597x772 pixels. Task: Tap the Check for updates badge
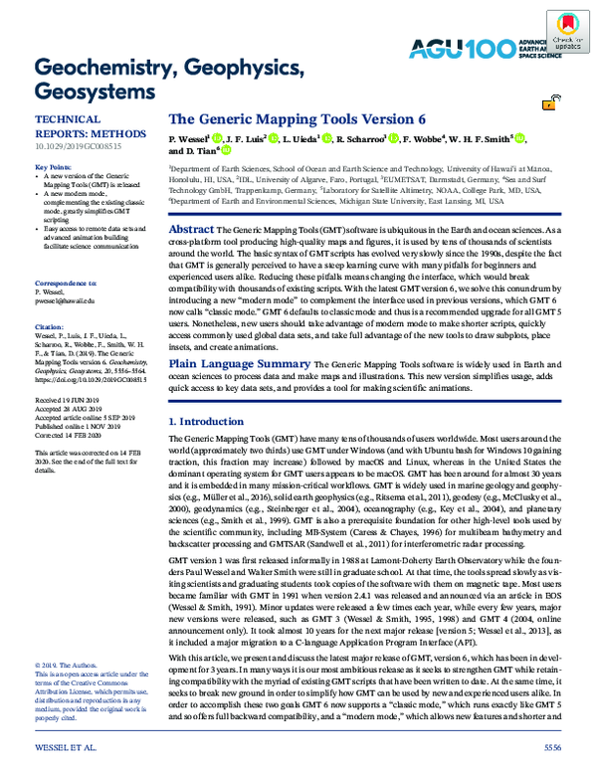tap(564, 34)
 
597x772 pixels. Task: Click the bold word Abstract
tap(185, 229)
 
